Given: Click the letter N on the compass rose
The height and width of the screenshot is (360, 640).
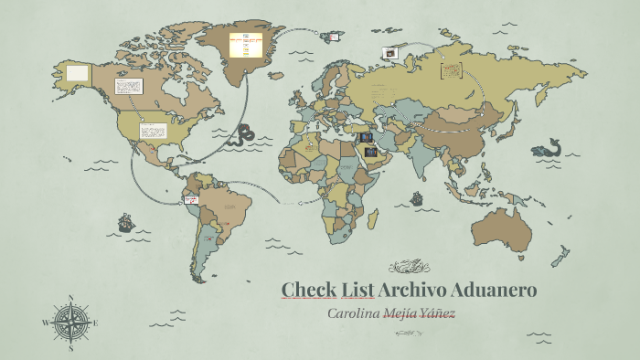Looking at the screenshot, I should tap(70, 298).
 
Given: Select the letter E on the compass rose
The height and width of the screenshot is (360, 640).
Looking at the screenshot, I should tap(94, 323).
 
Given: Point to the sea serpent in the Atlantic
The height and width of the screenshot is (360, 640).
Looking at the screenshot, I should tap(244, 135).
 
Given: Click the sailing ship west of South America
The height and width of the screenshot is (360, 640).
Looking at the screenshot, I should tap(125, 222).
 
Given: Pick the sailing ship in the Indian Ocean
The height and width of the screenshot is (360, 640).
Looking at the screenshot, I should tap(417, 197).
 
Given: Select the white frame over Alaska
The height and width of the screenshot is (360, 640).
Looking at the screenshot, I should tap(78, 71).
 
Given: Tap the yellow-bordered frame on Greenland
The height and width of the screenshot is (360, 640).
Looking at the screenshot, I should tap(245, 44).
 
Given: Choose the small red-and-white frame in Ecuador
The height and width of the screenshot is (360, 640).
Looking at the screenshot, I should tap(191, 199).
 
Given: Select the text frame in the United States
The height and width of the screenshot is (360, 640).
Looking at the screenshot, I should tap(152, 131).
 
